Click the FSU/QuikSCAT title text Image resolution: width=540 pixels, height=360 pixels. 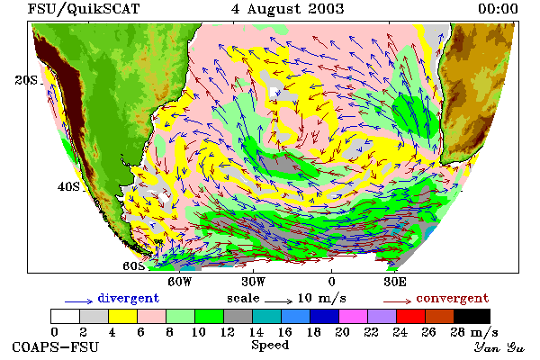tap(84, 9)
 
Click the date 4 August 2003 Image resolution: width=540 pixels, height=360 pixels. tap(288, 9)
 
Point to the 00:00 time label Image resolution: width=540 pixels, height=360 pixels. tap(498, 9)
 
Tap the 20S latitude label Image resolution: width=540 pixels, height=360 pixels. tap(26, 80)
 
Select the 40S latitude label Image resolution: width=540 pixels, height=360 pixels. tap(68, 186)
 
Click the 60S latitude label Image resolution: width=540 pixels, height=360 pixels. tap(134, 266)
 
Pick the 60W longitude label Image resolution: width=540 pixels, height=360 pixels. tap(180, 282)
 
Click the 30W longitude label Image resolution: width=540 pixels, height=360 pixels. tap(254, 282)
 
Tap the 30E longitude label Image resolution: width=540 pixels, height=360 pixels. tap(395, 282)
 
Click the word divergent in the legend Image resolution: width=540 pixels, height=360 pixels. tap(129, 298)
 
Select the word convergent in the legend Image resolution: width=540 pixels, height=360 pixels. tap(453, 298)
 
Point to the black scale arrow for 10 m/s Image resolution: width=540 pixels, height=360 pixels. tap(279, 301)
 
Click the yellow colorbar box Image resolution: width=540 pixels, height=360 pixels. tap(123, 316)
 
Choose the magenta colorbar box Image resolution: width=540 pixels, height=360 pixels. tap(354, 316)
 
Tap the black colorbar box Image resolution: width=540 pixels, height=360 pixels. tap(472, 316)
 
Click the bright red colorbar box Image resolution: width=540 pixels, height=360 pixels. tap(411, 316)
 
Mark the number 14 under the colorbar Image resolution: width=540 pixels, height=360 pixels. tap(256, 332)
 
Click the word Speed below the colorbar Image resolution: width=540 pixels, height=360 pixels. tap(270, 346)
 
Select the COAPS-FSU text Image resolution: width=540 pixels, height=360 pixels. tap(56, 347)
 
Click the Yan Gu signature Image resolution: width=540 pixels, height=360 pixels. tap(499, 347)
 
